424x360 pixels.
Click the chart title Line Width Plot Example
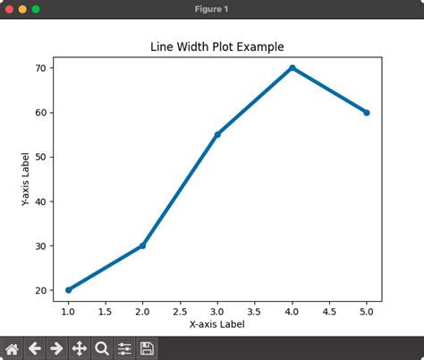click(217, 47)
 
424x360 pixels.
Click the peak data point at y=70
click(292, 68)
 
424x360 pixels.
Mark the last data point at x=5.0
click(367, 113)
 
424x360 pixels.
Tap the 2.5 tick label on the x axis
click(180, 312)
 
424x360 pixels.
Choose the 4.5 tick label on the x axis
click(329, 312)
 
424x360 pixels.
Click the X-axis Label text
click(217, 325)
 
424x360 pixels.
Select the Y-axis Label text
click(26, 179)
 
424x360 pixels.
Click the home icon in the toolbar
click(13, 348)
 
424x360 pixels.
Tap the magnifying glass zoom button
click(102, 348)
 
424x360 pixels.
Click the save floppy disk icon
click(148, 348)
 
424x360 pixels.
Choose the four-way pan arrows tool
click(80, 348)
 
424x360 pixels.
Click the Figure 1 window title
click(212, 9)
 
